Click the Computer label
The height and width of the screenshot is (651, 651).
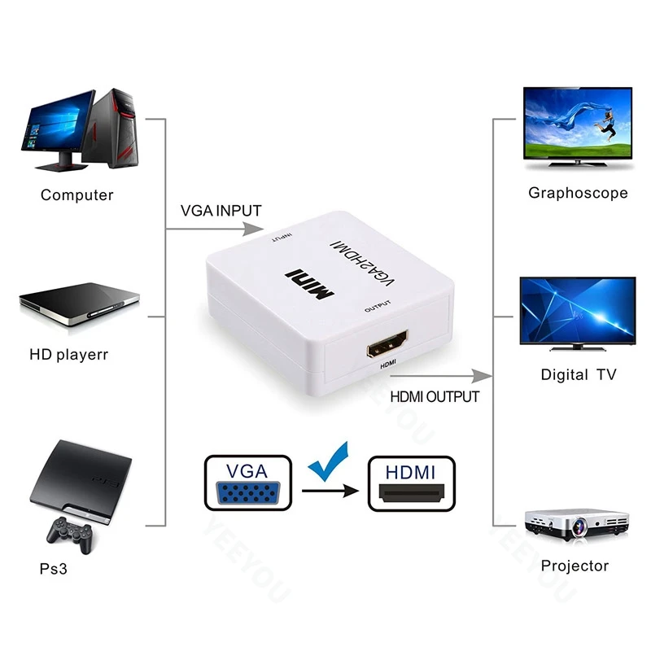click(x=77, y=195)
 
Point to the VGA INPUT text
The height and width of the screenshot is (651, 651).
click(x=221, y=211)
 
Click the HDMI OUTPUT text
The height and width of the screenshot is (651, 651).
click(x=435, y=397)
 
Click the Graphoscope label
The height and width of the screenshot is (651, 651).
click(x=578, y=193)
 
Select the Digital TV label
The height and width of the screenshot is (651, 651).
click(x=579, y=375)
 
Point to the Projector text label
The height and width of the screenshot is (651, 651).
click(x=575, y=566)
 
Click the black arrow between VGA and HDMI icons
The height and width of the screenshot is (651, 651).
click(x=330, y=491)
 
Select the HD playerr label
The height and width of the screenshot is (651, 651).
click(x=68, y=355)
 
